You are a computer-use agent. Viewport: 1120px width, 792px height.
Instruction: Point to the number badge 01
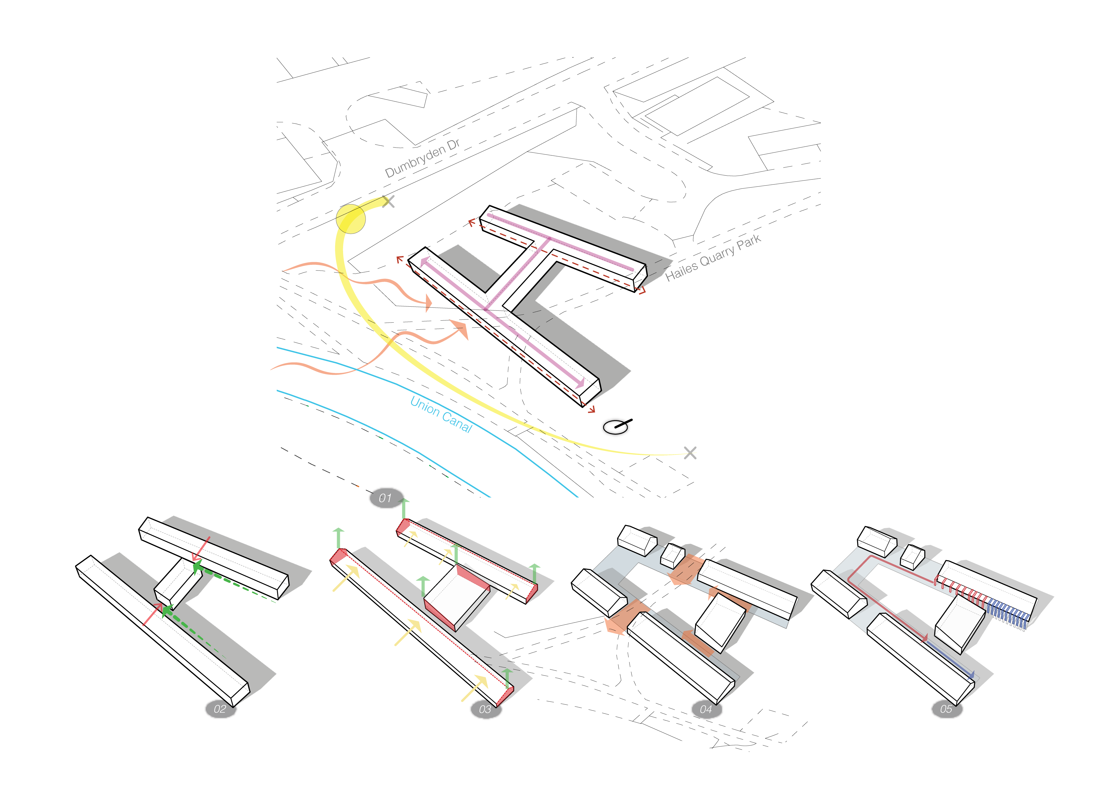[385, 498]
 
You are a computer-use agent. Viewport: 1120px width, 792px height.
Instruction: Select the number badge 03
[485, 709]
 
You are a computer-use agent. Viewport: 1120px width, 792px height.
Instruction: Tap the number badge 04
[706, 709]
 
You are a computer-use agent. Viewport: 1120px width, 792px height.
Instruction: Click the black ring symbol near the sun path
[615, 427]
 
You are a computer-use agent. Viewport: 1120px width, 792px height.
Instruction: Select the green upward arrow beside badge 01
[404, 509]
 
